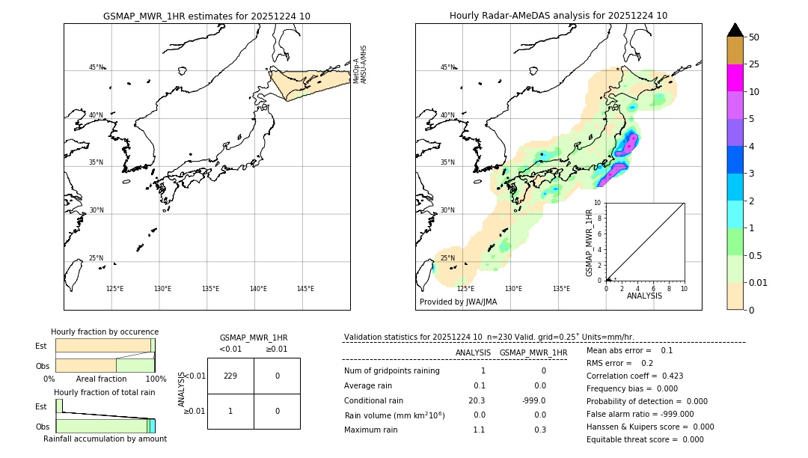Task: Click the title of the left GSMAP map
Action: pyautogui.click(x=206, y=16)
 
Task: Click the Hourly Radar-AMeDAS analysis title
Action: pyautogui.click(x=558, y=16)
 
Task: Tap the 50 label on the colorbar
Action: pyautogui.click(x=754, y=37)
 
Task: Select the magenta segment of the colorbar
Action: pyautogui.click(x=735, y=78)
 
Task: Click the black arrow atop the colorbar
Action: pyautogui.click(x=735, y=30)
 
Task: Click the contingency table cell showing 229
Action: pyautogui.click(x=230, y=376)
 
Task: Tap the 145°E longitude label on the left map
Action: pyautogui.click(x=305, y=289)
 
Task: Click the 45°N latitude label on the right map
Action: pyautogui.click(x=447, y=68)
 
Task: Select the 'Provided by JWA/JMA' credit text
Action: pyautogui.click(x=458, y=302)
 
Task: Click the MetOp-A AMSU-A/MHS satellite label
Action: pyautogui.click(x=360, y=64)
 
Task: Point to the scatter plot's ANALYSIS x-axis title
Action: pyautogui.click(x=644, y=296)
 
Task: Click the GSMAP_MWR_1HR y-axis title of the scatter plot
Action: pyautogui.click(x=589, y=243)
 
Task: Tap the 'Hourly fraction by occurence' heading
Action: pyautogui.click(x=105, y=332)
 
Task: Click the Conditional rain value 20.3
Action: pyautogui.click(x=477, y=400)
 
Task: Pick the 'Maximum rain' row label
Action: pyautogui.click(x=372, y=430)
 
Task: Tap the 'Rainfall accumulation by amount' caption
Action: pyautogui.click(x=105, y=439)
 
